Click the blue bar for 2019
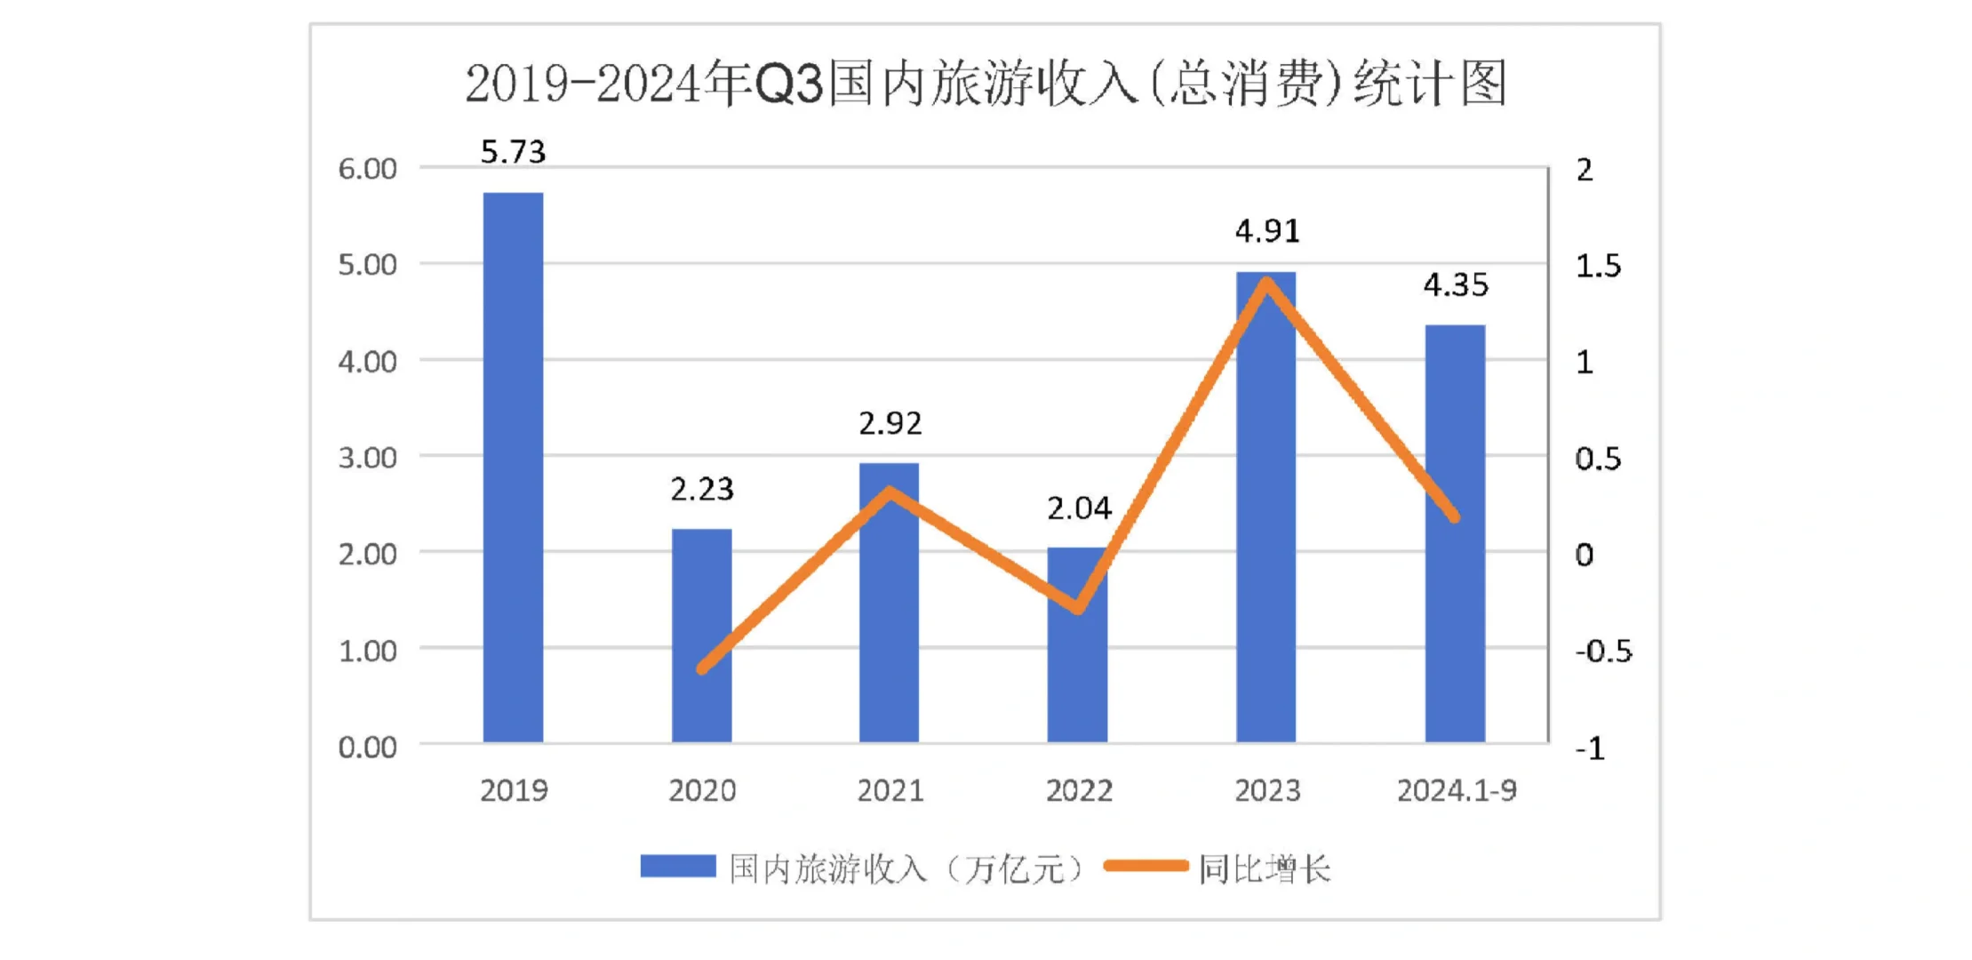pos(513,467)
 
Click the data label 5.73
pos(513,152)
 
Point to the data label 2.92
pos(890,423)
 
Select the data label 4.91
pos(1267,231)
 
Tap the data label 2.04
pos(1078,508)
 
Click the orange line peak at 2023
pos(1266,283)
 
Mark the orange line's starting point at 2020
pos(702,668)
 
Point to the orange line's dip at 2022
pos(1078,609)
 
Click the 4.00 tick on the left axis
pos(367,362)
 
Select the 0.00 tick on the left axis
pos(367,747)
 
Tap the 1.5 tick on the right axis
pos(1597,266)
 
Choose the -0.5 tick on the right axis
pos(1602,652)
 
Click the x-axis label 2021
pos(890,790)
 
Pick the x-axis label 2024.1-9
pos(1456,790)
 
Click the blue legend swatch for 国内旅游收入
pos(677,867)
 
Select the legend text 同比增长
pos(1264,868)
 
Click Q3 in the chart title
pos(789,85)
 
